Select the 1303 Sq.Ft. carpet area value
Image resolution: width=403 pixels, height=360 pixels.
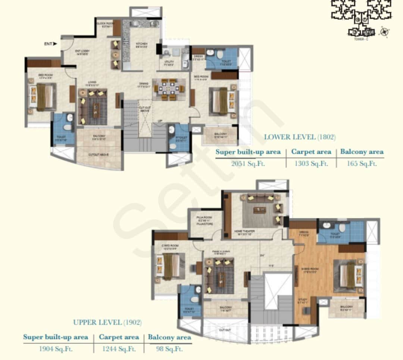point(311,163)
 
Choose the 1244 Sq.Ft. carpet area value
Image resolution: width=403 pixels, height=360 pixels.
point(119,349)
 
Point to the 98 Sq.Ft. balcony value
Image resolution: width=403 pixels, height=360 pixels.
point(169,349)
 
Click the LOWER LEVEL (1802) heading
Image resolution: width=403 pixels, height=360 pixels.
point(300,137)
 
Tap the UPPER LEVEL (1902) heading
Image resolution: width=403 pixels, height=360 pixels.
point(107,322)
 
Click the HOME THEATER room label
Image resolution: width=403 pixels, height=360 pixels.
point(244,232)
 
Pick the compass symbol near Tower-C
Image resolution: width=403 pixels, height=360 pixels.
point(383,32)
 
